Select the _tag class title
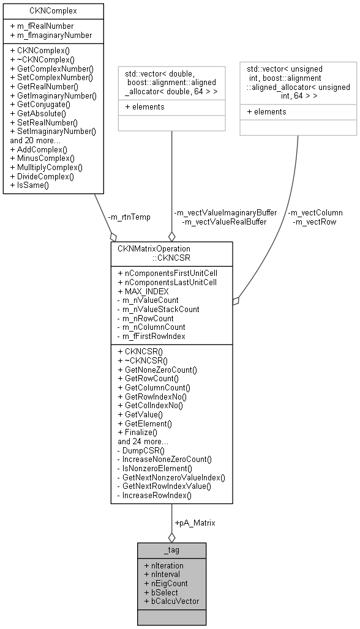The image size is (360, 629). coord(171,550)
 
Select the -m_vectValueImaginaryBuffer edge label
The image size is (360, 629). coord(225,212)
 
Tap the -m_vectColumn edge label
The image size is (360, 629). coord(316,212)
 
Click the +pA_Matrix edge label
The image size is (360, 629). coord(195,523)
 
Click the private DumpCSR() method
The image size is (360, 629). coord(143,450)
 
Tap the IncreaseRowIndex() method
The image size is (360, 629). coord(157,495)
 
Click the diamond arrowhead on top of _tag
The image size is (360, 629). coord(171,537)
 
